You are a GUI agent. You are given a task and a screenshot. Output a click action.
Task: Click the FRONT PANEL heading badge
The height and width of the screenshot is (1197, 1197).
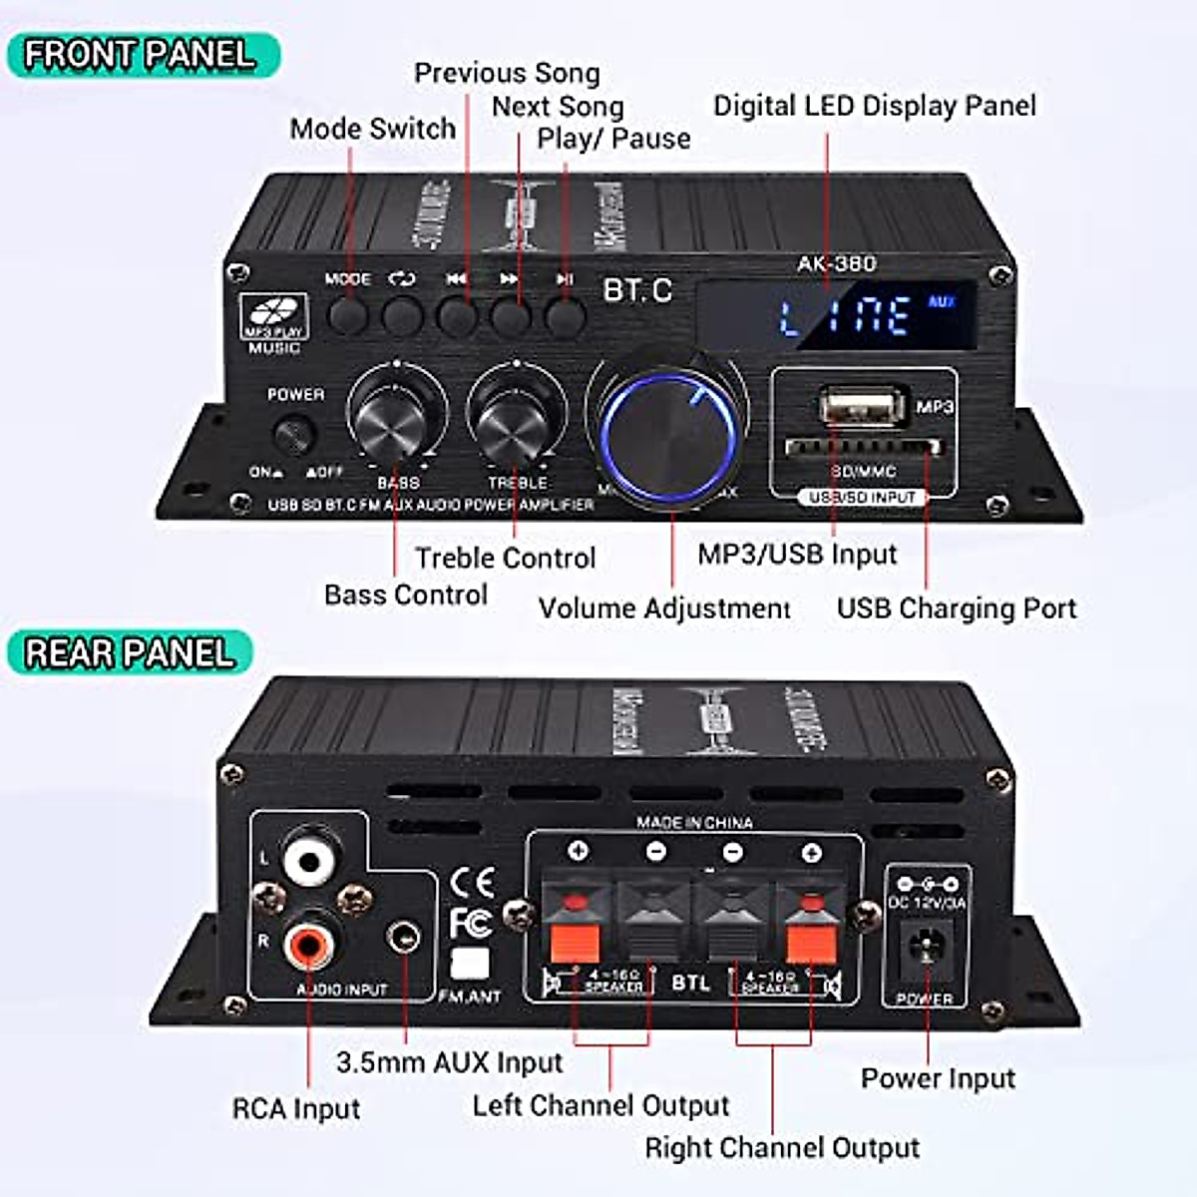(x=140, y=55)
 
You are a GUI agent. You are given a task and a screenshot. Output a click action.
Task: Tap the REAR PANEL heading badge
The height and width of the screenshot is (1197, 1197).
(x=130, y=653)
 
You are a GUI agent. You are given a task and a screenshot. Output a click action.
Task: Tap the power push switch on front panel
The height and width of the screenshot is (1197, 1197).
(x=294, y=435)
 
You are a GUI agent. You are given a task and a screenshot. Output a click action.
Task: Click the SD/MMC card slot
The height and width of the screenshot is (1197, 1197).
(x=862, y=447)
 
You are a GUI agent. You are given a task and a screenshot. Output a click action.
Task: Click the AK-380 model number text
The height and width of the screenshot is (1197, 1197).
(x=836, y=263)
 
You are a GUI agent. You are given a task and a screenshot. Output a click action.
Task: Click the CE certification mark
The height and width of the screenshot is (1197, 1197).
(x=472, y=883)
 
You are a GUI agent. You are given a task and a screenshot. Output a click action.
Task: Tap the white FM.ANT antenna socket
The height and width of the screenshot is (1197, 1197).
(x=470, y=963)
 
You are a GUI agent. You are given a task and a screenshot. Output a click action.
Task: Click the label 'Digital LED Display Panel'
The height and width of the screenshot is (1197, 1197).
(x=874, y=106)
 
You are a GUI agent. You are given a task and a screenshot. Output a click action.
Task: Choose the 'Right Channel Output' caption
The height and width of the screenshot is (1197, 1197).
(x=782, y=1147)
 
